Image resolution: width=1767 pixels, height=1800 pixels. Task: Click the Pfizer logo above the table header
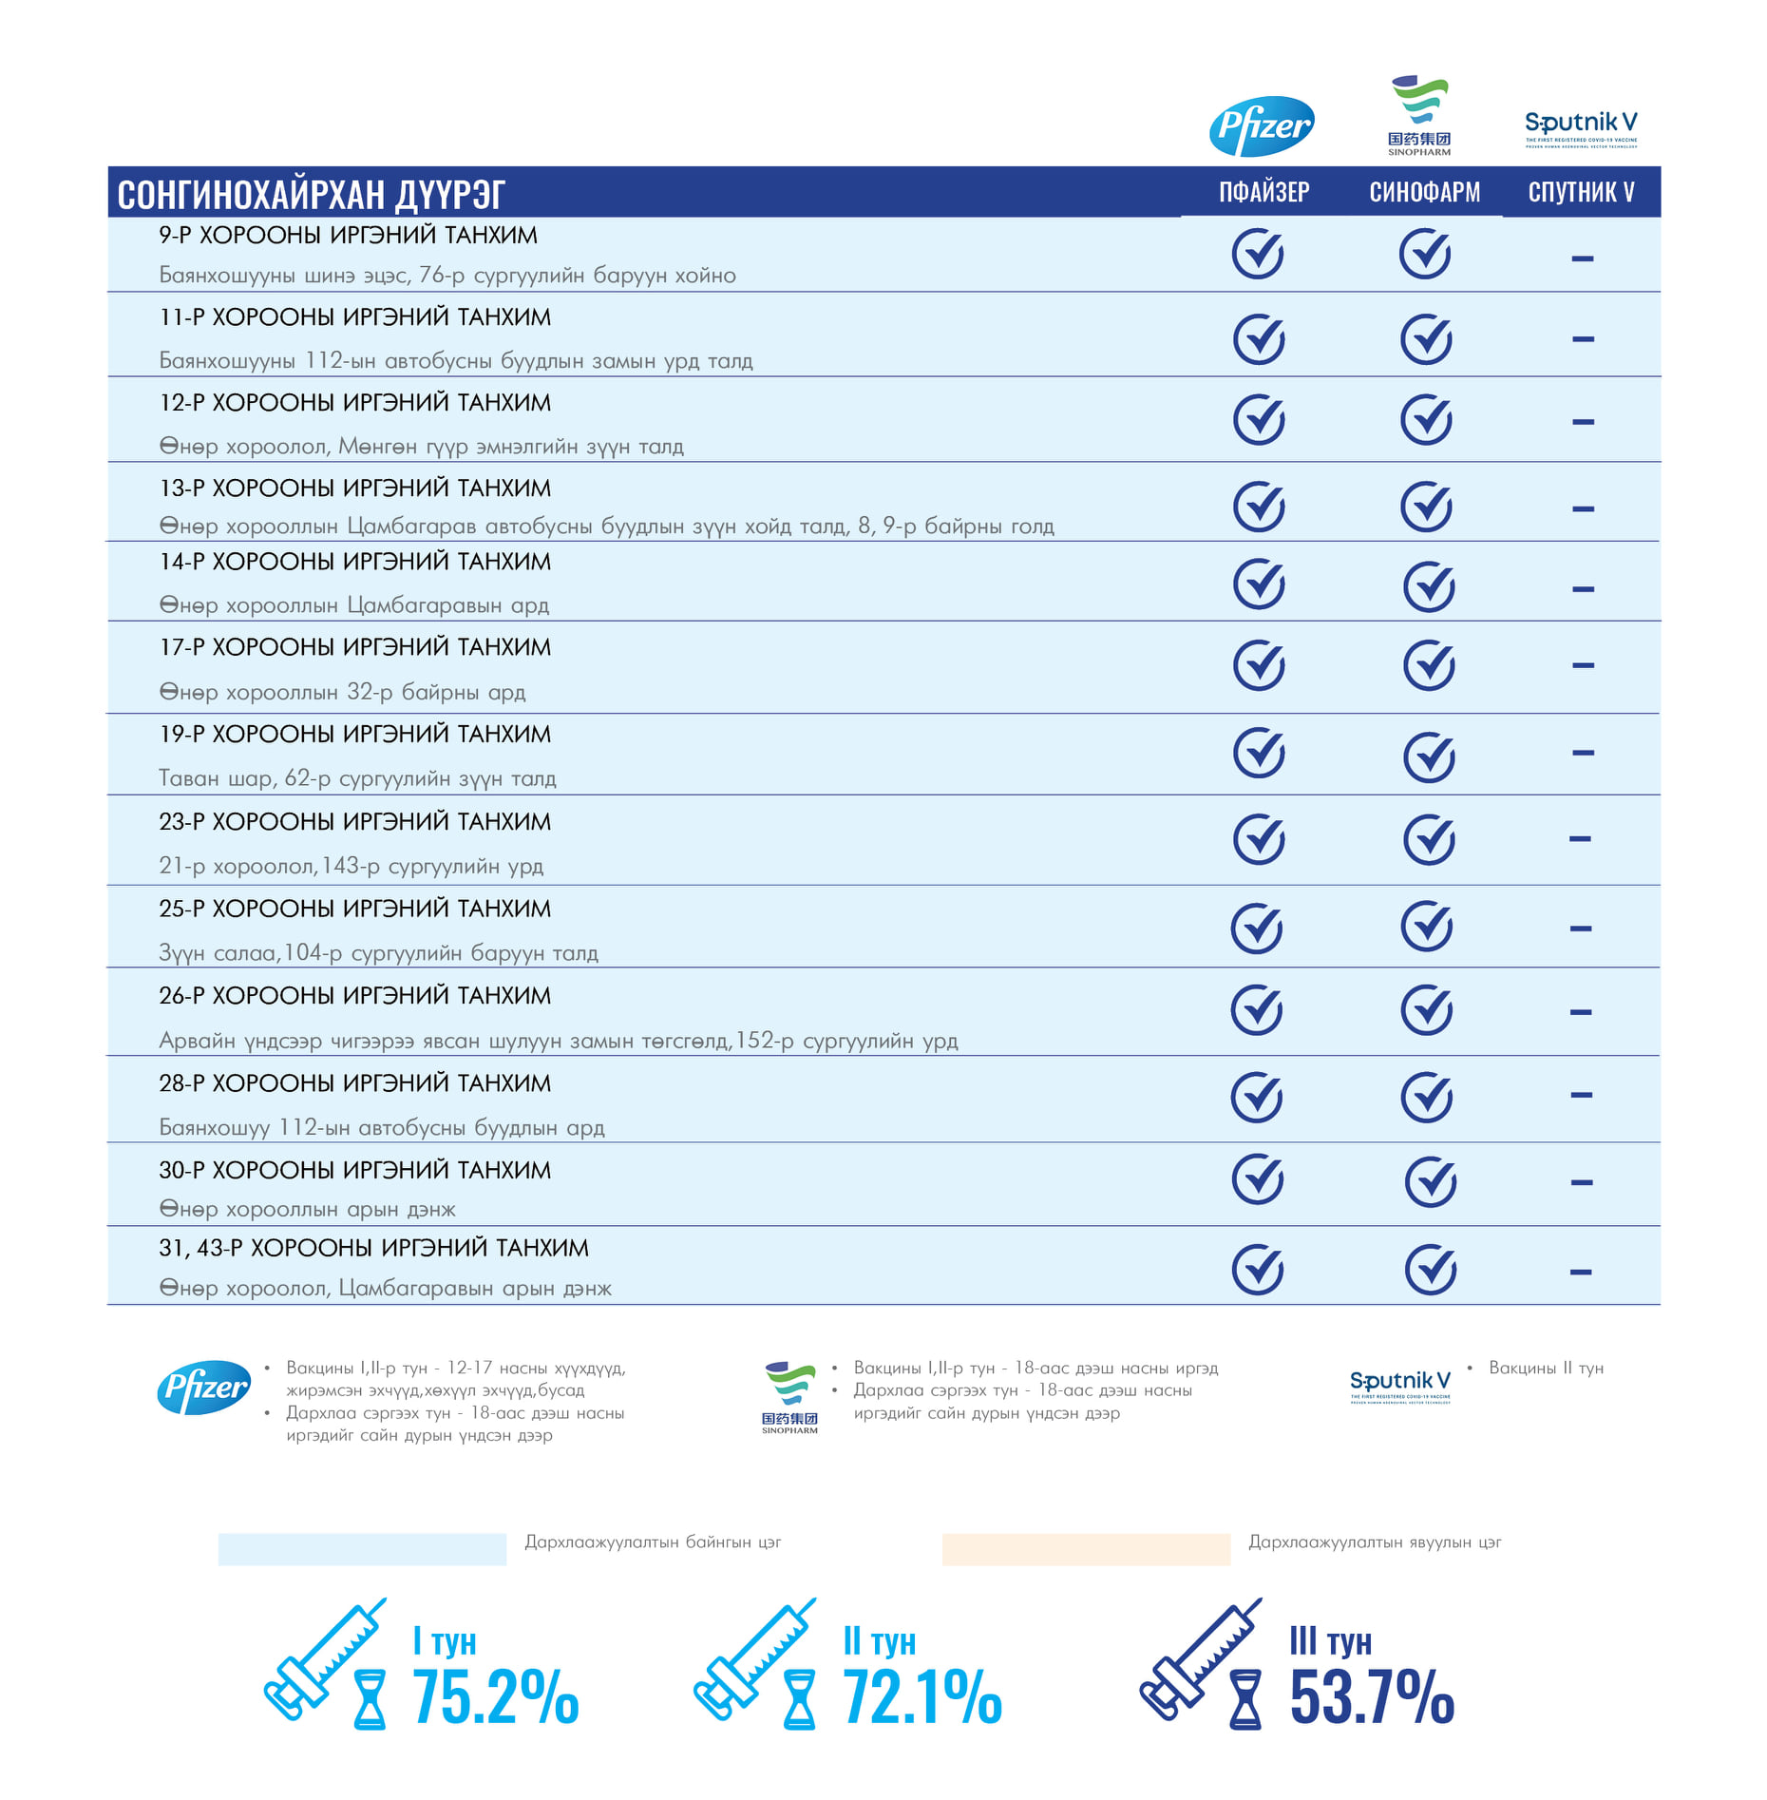click(x=1262, y=125)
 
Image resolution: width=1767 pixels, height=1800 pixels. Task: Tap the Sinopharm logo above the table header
click(x=1419, y=115)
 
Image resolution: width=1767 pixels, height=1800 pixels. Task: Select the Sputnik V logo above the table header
click(x=1581, y=127)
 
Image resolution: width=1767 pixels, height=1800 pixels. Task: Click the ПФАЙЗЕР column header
click(x=1263, y=193)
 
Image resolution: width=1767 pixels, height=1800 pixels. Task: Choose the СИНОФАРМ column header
click(x=1424, y=193)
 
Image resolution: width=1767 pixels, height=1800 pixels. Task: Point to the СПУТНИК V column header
click(x=1581, y=193)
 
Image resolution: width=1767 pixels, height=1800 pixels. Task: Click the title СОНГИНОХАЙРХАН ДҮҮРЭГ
click(x=311, y=195)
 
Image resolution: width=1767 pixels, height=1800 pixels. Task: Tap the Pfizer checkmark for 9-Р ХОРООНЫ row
click(x=1258, y=254)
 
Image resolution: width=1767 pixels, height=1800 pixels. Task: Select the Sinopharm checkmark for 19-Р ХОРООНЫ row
click(x=1429, y=757)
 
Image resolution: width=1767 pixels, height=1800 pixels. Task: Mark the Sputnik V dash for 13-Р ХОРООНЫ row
click(x=1583, y=508)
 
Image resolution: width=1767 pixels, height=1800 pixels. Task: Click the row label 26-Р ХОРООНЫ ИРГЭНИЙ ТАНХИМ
click(x=354, y=996)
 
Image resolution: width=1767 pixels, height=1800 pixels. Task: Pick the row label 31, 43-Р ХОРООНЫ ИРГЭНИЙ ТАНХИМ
click(x=373, y=1248)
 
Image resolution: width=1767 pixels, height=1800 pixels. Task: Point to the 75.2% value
click(x=495, y=1697)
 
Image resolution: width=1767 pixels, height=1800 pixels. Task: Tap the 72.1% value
click(x=921, y=1697)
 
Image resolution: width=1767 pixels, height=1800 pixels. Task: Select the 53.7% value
click(x=1371, y=1697)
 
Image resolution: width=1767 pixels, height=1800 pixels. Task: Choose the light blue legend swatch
click(x=362, y=1548)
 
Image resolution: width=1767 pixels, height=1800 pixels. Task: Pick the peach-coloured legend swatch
click(x=1085, y=1548)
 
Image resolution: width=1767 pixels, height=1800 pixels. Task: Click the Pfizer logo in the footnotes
click(x=203, y=1388)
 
